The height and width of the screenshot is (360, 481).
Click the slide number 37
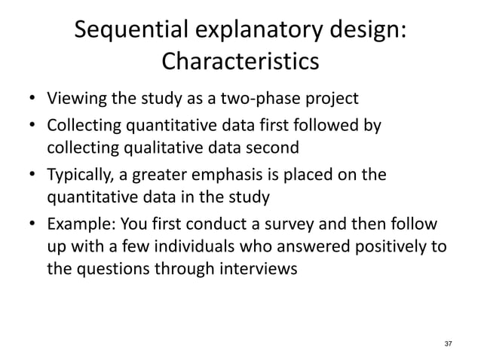[449, 343]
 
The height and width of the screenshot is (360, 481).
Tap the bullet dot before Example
[32, 228]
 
